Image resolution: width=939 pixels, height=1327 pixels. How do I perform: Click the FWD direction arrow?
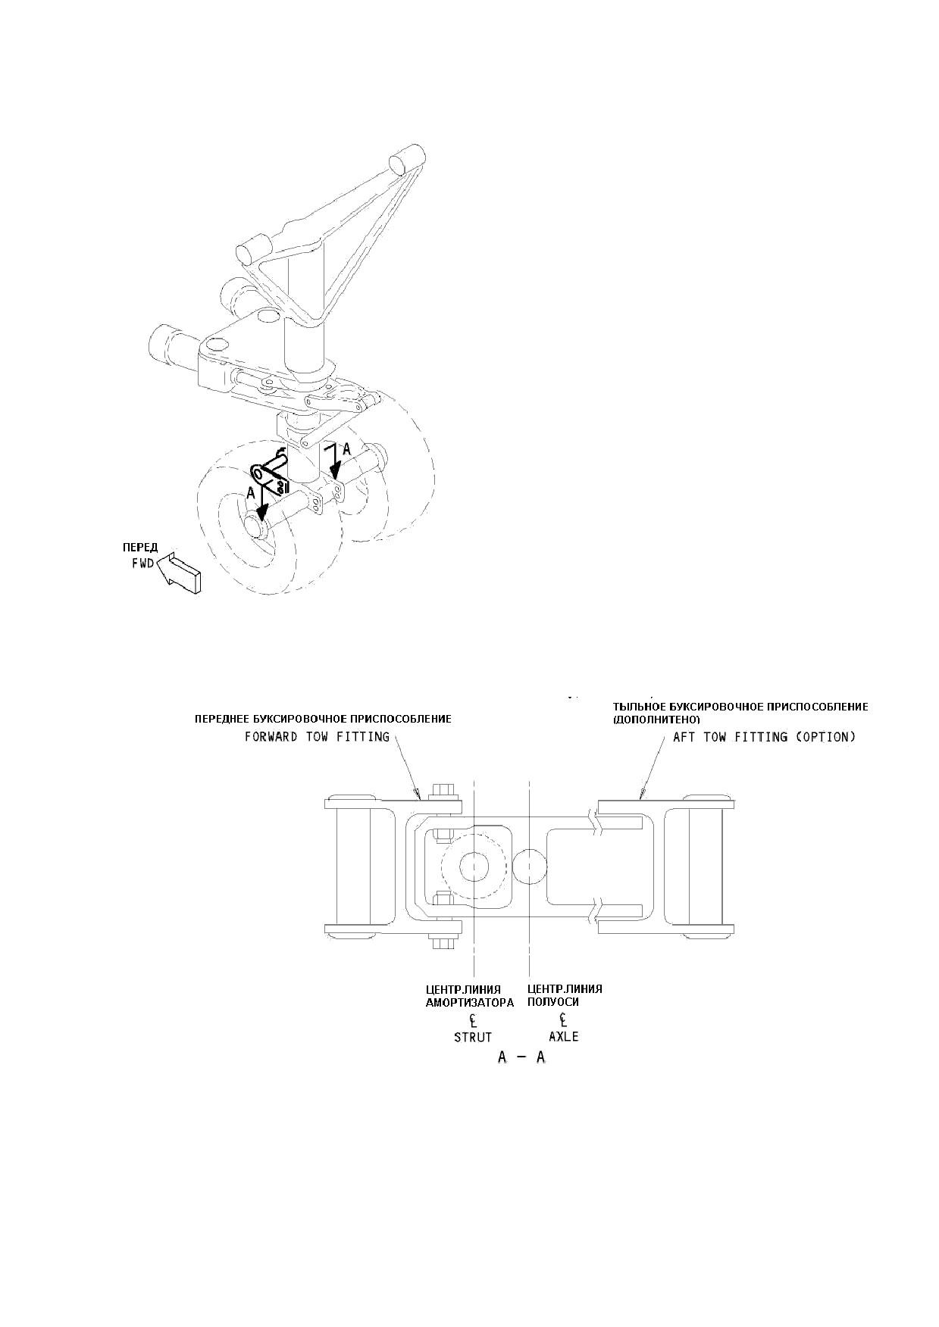pyautogui.click(x=180, y=573)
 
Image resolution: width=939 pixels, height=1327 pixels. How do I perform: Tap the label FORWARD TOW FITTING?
pyautogui.click(x=317, y=737)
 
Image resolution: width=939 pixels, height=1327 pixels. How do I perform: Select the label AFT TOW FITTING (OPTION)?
pyautogui.click(x=764, y=737)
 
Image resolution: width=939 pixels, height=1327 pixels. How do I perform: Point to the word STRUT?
pyautogui.click(x=473, y=1037)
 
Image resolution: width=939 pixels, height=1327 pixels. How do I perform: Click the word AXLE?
pyautogui.click(x=564, y=1037)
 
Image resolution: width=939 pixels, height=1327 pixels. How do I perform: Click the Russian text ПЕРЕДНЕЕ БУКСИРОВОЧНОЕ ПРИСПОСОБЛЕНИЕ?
pyautogui.click(x=323, y=719)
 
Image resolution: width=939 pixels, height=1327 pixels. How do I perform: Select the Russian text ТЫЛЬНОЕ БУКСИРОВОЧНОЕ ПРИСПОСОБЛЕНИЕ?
pyautogui.click(x=740, y=707)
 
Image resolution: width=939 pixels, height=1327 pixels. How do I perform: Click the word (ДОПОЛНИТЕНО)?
pyautogui.click(x=656, y=718)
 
